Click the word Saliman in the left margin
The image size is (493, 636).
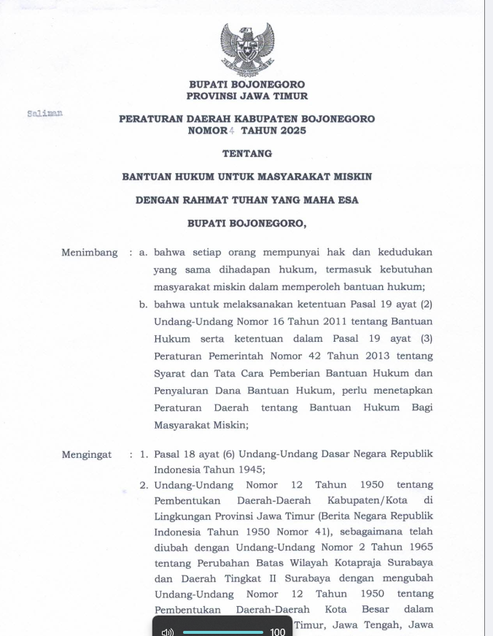(x=44, y=114)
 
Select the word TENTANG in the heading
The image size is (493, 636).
(x=247, y=153)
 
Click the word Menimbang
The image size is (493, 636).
(x=89, y=253)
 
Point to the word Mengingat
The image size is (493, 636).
(x=87, y=454)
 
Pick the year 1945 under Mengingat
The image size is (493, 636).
(x=247, y=470)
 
